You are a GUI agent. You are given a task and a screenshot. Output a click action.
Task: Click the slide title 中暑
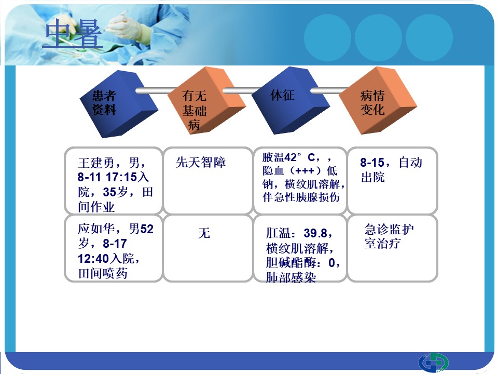click(x=73, y=33)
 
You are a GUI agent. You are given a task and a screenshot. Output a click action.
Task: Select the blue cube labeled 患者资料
click(x=118, y=104)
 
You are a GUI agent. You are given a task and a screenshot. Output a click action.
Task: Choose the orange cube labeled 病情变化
click(x=378, y=100)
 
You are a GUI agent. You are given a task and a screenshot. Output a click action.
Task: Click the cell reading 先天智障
click(x=201, y=163)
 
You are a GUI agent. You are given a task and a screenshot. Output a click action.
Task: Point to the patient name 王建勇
click(x=96, y=163)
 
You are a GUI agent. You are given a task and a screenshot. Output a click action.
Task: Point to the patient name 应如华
click(x=96, y=229)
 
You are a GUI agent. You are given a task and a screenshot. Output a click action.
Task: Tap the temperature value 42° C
click(x=299, y=157)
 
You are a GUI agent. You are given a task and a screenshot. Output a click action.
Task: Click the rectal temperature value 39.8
click(x=315, y=233)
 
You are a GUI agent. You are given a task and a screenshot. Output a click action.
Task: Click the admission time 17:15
click(x=121, y=177)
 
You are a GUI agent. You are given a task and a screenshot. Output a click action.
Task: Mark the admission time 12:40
click(x=93, y=259)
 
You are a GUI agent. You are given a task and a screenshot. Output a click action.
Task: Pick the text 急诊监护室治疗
click(x=389, y=236)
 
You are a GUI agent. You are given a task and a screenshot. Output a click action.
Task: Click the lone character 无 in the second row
click(x=204, y=233)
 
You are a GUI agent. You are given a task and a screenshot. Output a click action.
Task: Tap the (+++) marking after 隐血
click(x=305, y=171)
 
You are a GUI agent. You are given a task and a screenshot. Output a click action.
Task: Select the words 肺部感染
click(x=291, y=277)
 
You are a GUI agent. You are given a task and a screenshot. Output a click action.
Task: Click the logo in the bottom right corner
click(x=433, y=363)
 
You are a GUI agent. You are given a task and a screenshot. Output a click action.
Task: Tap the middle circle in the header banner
click(x=378, y=38)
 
